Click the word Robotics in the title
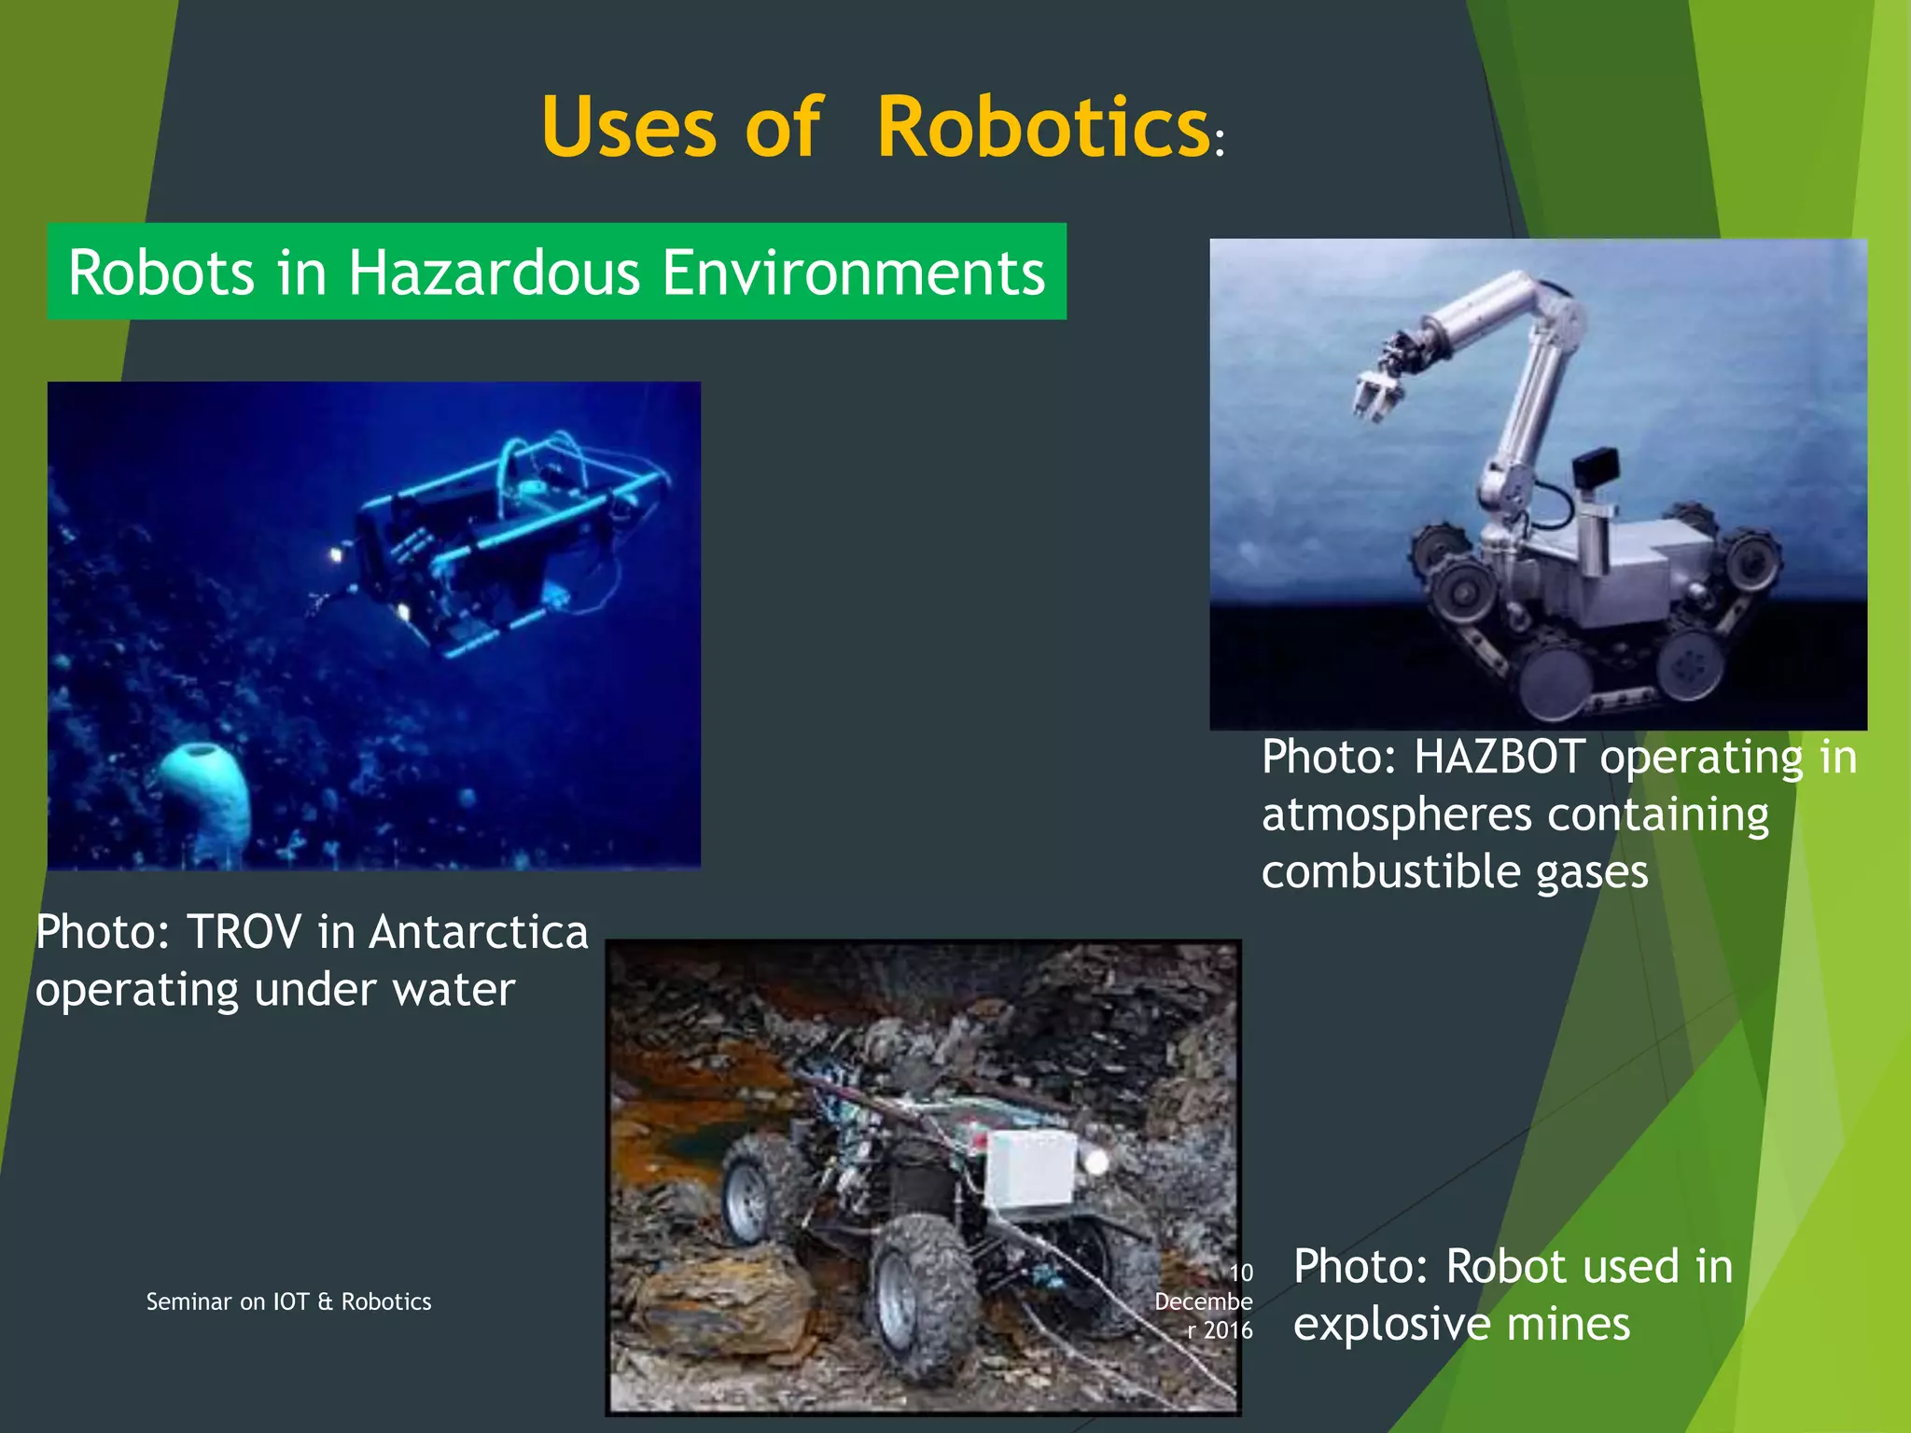[1043, 128]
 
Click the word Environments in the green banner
[854, 272]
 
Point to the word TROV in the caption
[244, 931]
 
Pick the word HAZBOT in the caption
[1499, 757]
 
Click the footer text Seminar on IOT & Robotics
[288, 1301]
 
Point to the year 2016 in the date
[1228, 1330]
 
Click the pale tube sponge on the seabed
[204, 793]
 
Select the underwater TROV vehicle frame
[504, 541]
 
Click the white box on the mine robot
[1031, 1167]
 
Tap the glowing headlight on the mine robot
[1097, 1161]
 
